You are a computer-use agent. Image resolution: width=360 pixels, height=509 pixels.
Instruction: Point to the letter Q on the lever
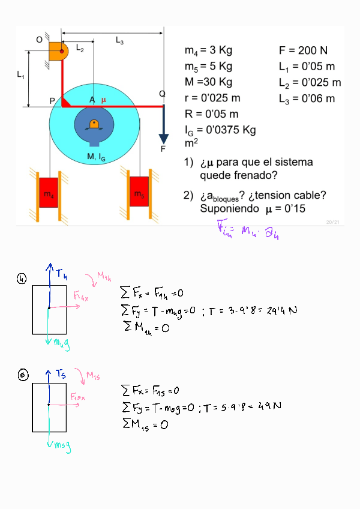162,94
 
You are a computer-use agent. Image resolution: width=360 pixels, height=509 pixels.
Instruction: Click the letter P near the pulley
53,101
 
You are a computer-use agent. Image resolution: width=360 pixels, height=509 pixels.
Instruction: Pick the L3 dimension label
119,40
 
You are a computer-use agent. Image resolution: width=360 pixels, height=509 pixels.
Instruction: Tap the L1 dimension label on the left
20,76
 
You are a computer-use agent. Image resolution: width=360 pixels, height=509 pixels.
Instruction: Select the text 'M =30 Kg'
208,82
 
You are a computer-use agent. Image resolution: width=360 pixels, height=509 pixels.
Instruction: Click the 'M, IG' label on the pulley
96,157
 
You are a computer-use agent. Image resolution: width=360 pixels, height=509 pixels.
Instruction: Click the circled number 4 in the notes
22,278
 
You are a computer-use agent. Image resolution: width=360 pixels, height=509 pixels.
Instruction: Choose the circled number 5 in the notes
23,375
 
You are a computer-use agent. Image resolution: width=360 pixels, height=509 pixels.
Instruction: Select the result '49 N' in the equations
270,406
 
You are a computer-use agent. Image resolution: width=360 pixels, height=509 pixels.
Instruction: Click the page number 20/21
332,222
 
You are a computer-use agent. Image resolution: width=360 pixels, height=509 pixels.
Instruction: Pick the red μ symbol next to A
103,100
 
